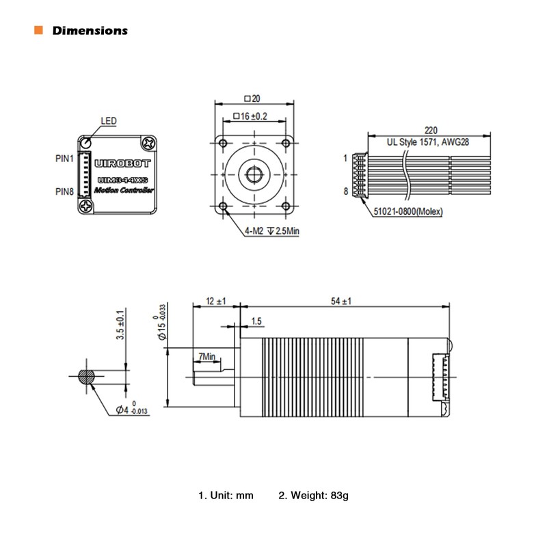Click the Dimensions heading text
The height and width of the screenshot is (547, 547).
click(90, 31)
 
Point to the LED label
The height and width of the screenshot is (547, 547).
click(109, 121)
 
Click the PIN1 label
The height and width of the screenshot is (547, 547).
click(64, 158)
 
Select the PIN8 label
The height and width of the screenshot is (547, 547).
click(64, 191)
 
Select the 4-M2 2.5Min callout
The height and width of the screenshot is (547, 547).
click(272, 231)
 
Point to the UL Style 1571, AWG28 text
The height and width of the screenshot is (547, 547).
click(428, 143)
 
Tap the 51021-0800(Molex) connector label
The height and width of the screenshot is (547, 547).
click(408, 212)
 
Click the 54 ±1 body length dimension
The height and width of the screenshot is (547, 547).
click(341, 302)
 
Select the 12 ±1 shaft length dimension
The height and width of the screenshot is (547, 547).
click(216, 302)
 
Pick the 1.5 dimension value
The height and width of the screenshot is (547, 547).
click(256, 321)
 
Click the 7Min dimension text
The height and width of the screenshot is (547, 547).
click(206, 356)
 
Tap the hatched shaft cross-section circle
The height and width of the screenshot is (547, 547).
click(88, 377)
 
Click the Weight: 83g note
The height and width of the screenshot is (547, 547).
click(314, 494)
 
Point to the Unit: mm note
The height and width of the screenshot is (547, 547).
click(226, 494)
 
